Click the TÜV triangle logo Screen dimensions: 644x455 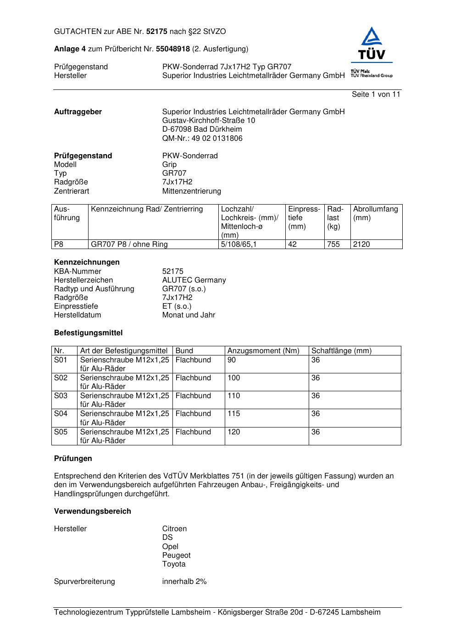click(x=371, y=44)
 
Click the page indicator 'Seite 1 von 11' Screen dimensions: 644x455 click(x=376, y=94)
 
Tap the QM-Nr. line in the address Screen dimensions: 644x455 click(x=202, y=138)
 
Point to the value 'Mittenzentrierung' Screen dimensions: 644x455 click(x=191, y=191)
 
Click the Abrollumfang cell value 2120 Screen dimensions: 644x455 click(x=361, y=244)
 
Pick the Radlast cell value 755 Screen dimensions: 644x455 click(x=333, y=244)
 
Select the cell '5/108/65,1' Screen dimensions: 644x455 click(x=239, y=244)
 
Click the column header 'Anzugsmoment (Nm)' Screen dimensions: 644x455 click(x=263, y=351)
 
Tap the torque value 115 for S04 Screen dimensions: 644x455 click(x=234, y=414)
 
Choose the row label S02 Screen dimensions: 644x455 click(x=61, y=378)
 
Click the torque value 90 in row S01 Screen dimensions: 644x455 click(x=232, y=360)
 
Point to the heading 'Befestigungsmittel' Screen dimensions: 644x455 click(x=88, y=333)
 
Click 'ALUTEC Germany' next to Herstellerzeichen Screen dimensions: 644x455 click(x=194, y=280)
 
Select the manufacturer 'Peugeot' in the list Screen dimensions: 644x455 click(x=176, y=555)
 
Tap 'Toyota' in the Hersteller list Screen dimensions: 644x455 click(x=174, y=564)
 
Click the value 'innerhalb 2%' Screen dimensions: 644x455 click(x=184, y=582)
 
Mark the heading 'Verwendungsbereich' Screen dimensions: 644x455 click(x=93, y=511)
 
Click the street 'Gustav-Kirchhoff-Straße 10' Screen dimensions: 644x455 click(x=209, y=121)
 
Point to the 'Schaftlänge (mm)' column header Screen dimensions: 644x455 click(x=341, y=351)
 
